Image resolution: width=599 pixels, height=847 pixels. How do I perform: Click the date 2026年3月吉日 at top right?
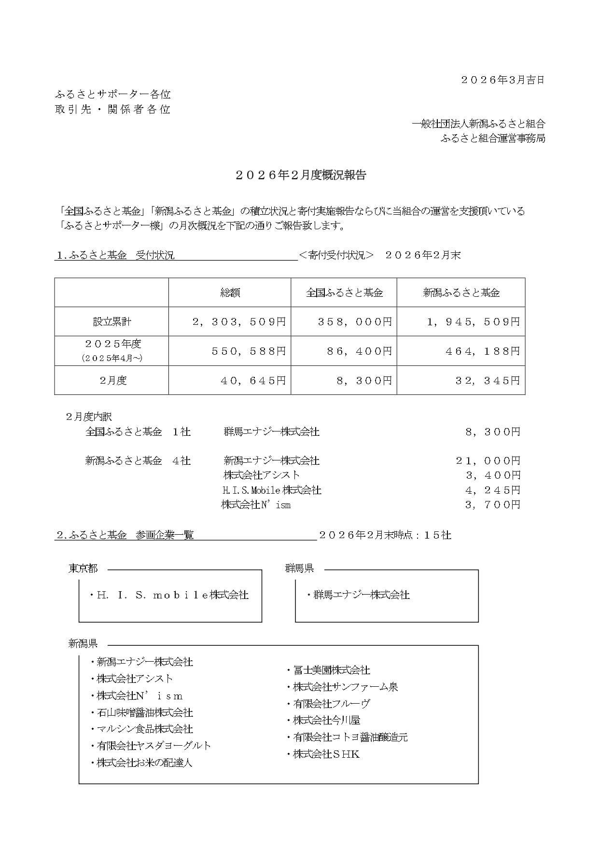click(502, 80)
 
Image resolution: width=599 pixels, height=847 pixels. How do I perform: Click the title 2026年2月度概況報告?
click(301, 175)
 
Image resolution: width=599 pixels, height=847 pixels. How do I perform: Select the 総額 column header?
click(230, 292)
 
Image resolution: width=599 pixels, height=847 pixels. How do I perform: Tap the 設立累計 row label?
click(112, 321)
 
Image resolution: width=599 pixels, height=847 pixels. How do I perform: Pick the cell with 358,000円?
click(354, 322)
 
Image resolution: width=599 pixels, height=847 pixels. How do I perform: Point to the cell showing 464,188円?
click(483, 351)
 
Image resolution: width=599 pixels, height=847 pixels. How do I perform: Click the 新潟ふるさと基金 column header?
click(461, 292)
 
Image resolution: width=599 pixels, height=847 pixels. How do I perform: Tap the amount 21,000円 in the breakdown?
click(488, 461)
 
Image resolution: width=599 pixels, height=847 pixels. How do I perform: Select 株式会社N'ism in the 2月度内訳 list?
click(256, 505)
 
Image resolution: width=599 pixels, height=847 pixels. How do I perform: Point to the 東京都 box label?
click(83, 569)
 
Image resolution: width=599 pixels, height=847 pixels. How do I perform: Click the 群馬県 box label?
click(299, 569)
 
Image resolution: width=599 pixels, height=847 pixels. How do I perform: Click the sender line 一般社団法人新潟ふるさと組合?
click(478, 124)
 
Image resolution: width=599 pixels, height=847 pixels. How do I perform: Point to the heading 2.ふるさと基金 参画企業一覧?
click(125, 535)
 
